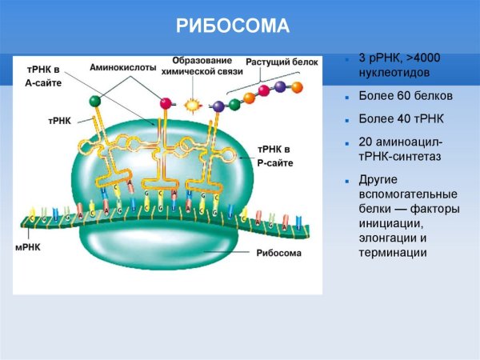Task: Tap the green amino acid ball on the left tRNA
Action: coord(95,101)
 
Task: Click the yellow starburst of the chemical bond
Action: coord(191,105)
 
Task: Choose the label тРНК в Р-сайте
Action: coord(275,156)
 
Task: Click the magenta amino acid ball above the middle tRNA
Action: coord(166,102)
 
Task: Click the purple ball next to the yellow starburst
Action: coord(218,105)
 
